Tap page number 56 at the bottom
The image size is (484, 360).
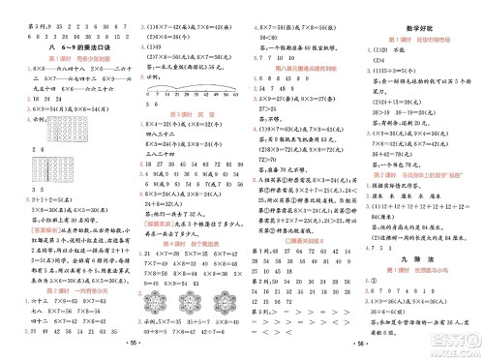pyautogui.click(x=309, y=345)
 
